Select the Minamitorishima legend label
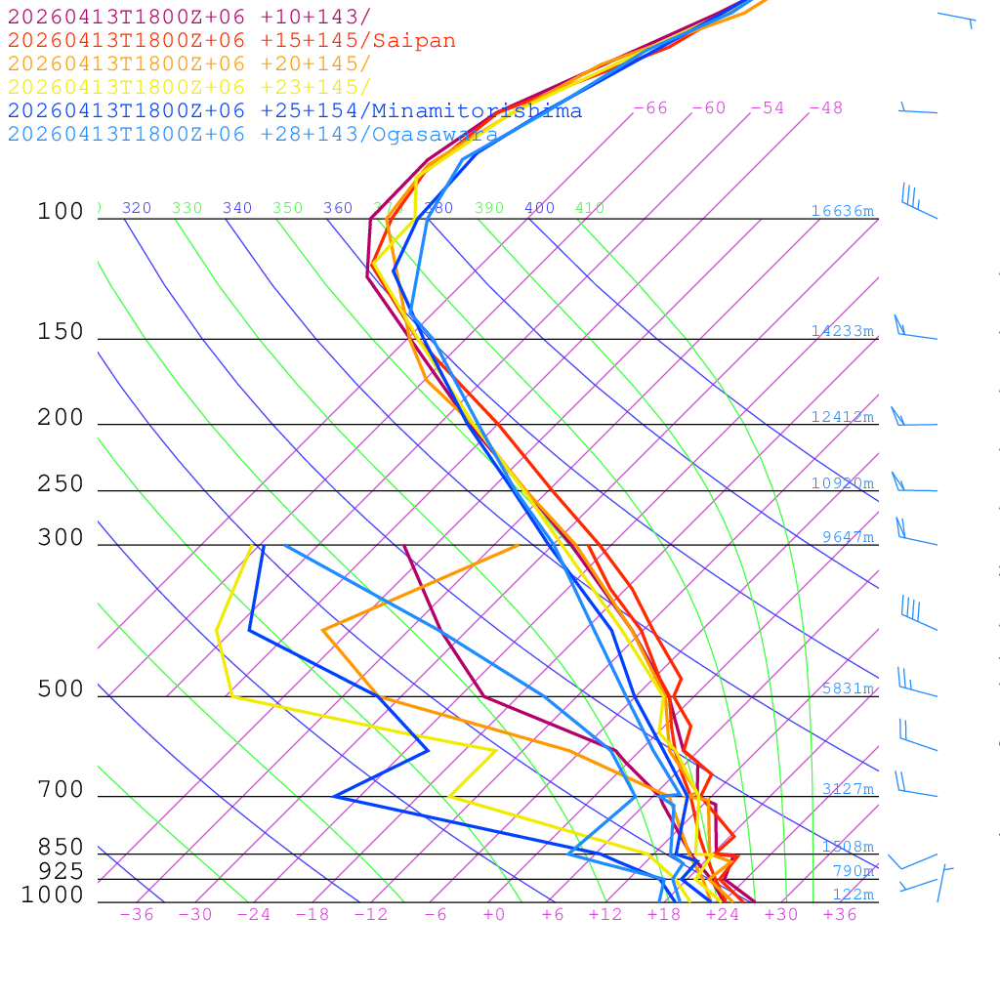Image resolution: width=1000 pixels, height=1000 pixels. [477, 111]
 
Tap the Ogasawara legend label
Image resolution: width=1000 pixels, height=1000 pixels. [435, 135]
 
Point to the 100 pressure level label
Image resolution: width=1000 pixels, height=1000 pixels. [61, 211]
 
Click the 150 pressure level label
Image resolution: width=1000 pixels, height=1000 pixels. [61, 332]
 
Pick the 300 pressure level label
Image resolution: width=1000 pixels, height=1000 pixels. [61, 538]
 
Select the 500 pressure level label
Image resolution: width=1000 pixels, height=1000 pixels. [61, 689]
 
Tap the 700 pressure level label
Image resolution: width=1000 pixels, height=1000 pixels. [61, 790]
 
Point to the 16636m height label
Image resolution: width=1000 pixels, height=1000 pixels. [842, 211]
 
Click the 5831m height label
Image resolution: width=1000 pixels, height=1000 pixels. [847, 688]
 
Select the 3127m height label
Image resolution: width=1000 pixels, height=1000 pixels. [847, 789]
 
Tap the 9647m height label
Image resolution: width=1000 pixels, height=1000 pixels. [847, 537]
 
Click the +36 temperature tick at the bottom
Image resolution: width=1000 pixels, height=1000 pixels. [840, 915]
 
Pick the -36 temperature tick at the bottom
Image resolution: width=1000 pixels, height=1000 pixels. [137, 915]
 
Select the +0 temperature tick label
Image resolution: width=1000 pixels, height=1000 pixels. [494, 915]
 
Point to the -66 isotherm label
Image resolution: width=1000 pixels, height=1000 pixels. [650, 108]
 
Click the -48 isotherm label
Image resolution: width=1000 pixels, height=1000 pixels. [826, 108]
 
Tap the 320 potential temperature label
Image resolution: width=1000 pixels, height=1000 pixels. [137, 208]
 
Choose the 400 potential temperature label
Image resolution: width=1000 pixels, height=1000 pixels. [539, 208]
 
